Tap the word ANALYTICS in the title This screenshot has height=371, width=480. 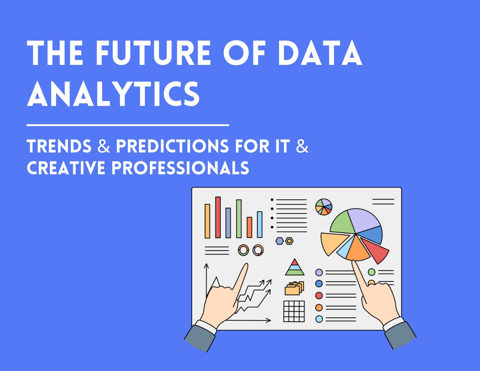pyautogui.click(x=113, y=94)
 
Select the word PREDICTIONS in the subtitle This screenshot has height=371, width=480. pyautogui.click(x=172, y=146)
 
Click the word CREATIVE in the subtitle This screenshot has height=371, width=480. pyautogui.click(x=66, y=168)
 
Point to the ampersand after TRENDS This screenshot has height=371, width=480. pyautogui.click(x=104, y=146)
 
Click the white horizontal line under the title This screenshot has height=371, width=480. pyautogui.click(x=128, y=125)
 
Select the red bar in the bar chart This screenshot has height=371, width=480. pyautogui.click(x=218, y=217)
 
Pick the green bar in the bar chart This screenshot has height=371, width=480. pyautogui.click(x=239, y=219)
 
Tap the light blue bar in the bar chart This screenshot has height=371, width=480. pyautogui.click(x=259, y=224)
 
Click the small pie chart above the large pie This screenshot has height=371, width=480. pyautogui.click(x=324, y=207)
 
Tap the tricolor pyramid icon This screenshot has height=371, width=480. pyautogui.click(x=295, y=267)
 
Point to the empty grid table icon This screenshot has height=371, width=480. pyautogui.click(x=294, y=311)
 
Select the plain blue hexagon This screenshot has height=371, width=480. pyautogui.click(x=280, y=241)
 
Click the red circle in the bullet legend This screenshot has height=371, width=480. pyautogui.click(x=319, y=295)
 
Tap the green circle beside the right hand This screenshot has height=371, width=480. pyautogui.click(x=371, y=272)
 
